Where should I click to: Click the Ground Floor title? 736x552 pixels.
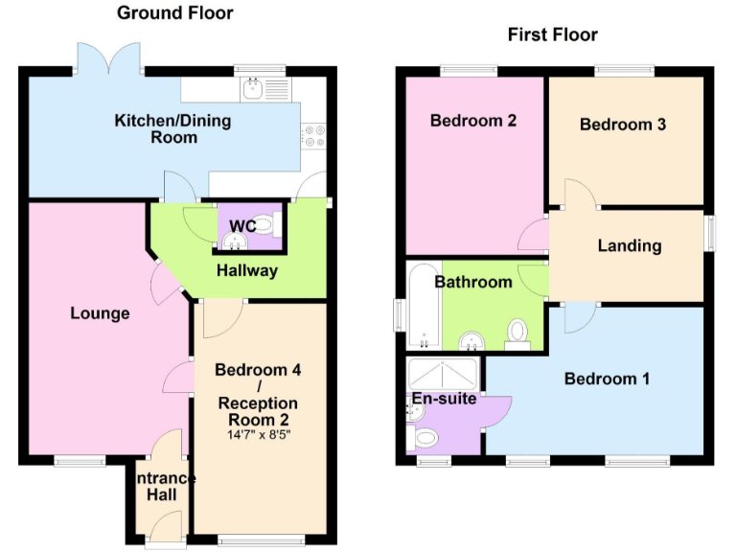(174, 12)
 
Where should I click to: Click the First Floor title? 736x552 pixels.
(552, 34)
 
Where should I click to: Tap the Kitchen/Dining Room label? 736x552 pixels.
(172, 128)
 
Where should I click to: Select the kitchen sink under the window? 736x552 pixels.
(253, 90)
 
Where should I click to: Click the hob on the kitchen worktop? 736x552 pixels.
(313, 136)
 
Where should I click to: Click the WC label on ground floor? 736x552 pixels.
(241, 226)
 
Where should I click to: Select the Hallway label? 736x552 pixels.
(246, 270)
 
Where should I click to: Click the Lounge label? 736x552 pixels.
(100, 313)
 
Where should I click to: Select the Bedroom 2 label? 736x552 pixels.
(473, 121)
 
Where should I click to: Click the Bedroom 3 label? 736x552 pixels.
(623, 125)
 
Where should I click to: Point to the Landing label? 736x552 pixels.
(630, 245)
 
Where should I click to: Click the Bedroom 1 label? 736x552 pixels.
(607, 379)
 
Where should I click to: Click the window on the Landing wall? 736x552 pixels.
(711, 232)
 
